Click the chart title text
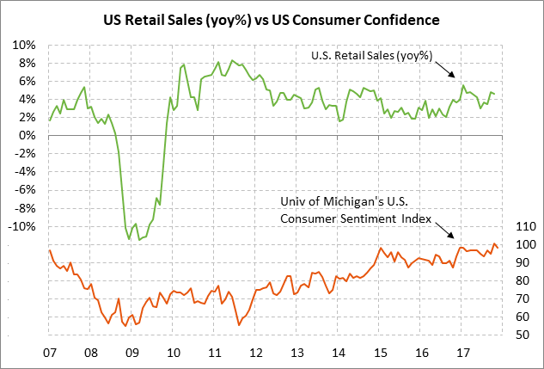[272, 18]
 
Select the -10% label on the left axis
[21, 227]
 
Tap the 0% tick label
[28, 136]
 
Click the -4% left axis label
[24, 172]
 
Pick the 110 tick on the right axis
[523, 227]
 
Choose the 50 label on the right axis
[521, 335]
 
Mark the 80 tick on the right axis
[521, 280]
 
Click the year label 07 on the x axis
[49, 353]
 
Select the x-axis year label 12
[255, 353]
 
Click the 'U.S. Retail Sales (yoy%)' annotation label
[371, 57]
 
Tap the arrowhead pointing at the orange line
[455, 239]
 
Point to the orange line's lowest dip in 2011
[238, 324]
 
